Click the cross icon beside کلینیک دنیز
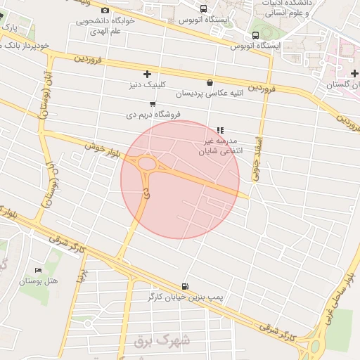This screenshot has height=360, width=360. (x=147, y=74)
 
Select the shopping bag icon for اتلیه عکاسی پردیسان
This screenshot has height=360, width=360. (x=210, y=82)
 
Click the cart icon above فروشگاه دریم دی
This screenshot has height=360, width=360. (x=153, y=104)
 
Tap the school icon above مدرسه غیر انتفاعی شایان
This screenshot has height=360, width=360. (x=220, y=130)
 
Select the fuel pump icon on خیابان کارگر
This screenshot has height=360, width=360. (x=184, y=285)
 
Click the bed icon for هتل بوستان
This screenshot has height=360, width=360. (x=38, y=270)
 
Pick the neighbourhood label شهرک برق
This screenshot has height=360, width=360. (x=162, y=342)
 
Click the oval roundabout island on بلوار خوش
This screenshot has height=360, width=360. (x=147, y=164)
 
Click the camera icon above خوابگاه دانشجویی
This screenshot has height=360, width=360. (x=105, y=10)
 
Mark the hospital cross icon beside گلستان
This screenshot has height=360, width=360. (x=354, y=73)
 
